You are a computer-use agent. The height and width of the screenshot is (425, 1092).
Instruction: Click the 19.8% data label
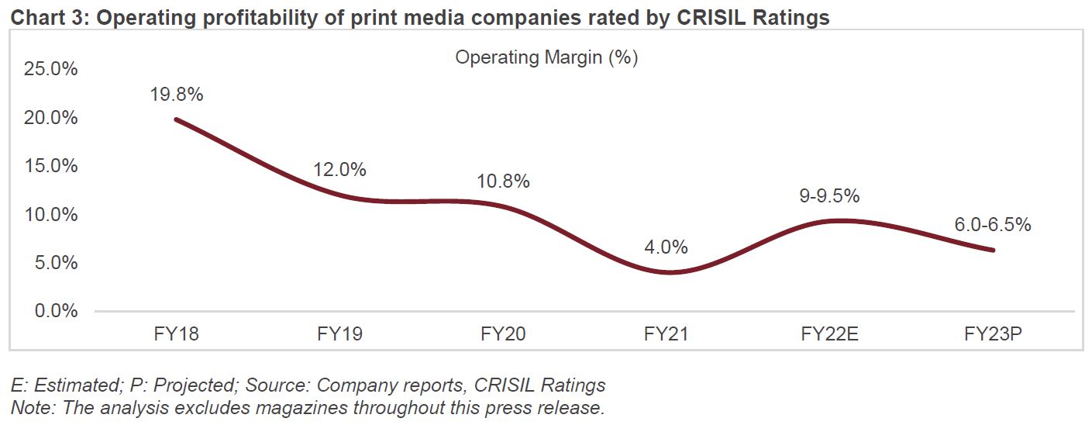[176, 95]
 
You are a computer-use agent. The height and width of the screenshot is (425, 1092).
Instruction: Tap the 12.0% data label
[339, 170]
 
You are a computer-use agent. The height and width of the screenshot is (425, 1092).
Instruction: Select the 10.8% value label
[503, 181]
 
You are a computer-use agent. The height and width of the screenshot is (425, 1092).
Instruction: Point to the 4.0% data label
[666, 247]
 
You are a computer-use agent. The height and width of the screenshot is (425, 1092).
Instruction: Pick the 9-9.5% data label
[829, 197]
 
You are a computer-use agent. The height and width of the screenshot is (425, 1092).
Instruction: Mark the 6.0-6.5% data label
[993, 225]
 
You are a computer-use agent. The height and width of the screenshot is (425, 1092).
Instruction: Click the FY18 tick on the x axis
[176, 334]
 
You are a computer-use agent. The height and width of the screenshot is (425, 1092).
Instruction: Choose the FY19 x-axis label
[339, 334]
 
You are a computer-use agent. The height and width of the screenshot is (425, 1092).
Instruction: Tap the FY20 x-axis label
[503, 334]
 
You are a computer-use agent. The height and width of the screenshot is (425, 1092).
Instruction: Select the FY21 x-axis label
[666, 334]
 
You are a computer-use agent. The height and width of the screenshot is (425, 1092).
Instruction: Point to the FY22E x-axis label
[829, 334]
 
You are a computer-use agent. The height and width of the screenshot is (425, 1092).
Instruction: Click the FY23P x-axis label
[993, 334]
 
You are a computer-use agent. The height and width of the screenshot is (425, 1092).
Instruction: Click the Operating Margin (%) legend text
[546, 57]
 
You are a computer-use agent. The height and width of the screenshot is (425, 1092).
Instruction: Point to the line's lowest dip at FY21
[667, 272]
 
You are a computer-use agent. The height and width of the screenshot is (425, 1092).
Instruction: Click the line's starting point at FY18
[177, 119]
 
